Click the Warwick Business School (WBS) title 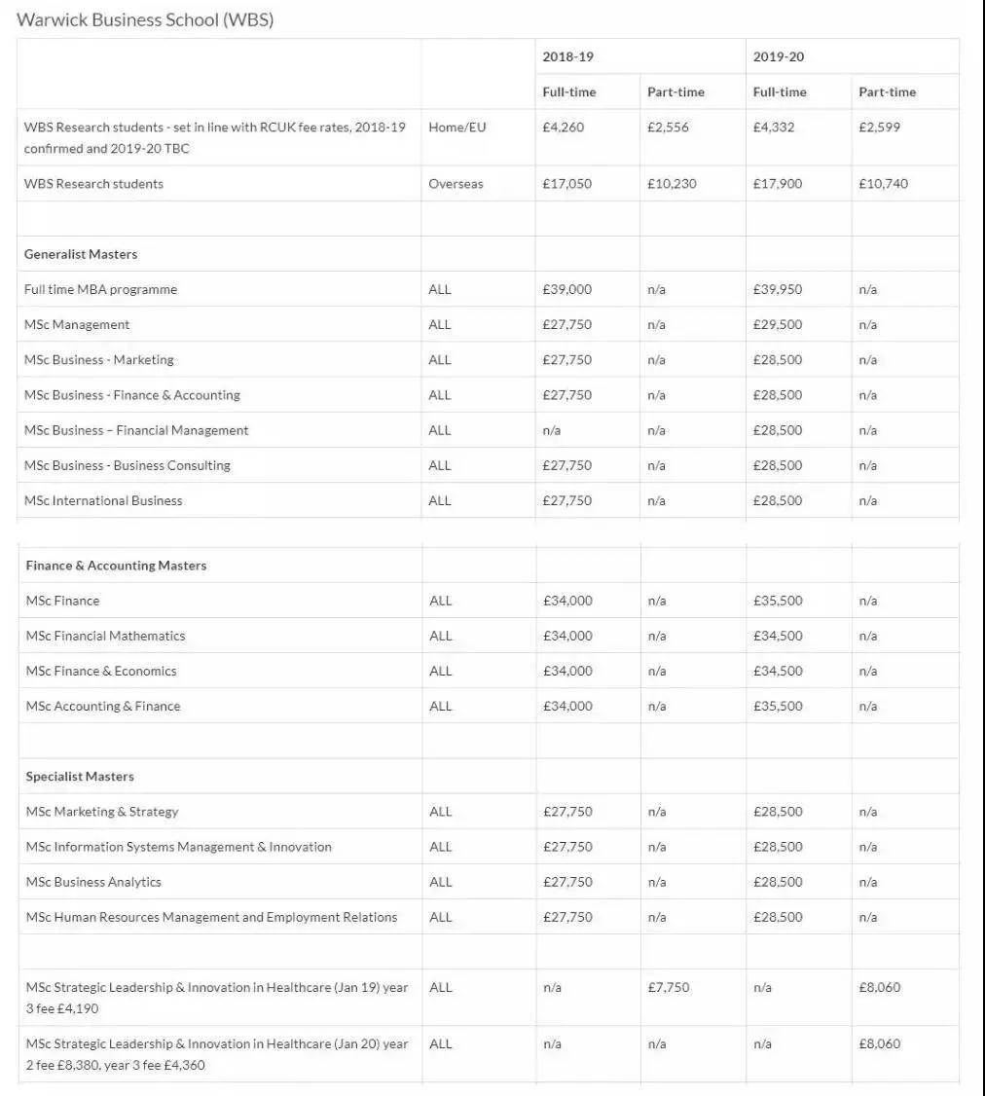coord(145,20)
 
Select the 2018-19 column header coord(567,56)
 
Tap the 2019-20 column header coord(779,56)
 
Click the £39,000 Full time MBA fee coord(566,289)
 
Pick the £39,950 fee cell coord(778,289)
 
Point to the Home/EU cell coord(456,128)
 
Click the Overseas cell coord(456,184)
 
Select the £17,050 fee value coord(566,184)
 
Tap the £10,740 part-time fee coord(883,184)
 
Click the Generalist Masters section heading coord(81,254)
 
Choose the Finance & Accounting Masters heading coord(116,566)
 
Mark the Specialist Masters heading coord(80,777)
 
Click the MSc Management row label coord(77,324)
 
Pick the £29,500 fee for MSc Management coord(778,324)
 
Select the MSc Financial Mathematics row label coord(105,636)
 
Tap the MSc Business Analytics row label coord(93,882)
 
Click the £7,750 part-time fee coord(668,987)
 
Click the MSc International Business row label coord(103,500)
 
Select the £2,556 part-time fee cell coord(668,128)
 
